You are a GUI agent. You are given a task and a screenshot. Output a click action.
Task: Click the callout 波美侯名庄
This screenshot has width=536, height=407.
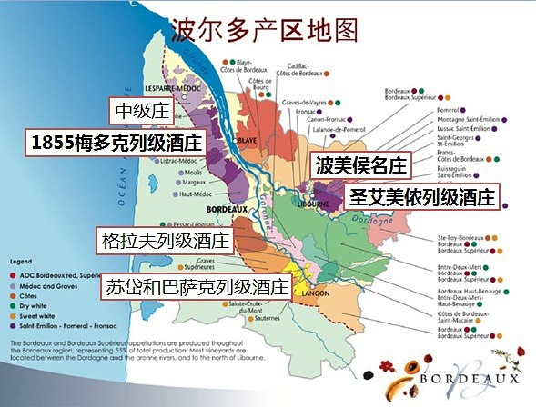(x=361, y=165)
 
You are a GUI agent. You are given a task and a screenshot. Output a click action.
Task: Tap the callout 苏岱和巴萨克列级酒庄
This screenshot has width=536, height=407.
(x=195, y=286)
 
